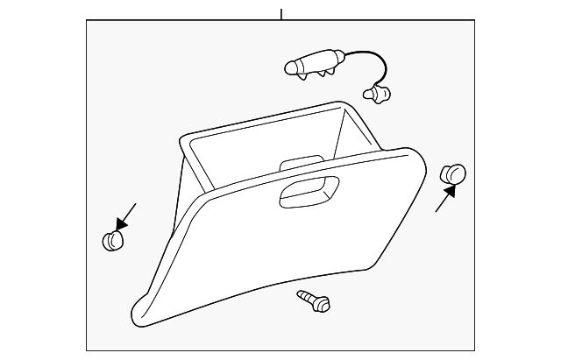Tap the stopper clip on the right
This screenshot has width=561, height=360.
(453, 174)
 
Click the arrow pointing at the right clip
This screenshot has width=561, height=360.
(444, 201)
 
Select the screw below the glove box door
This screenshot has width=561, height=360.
(315, 300)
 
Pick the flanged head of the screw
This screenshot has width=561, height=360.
(323, 304)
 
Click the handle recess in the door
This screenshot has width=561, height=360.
(309, 192)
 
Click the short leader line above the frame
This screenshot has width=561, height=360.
(281, 13)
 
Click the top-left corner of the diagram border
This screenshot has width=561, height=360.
(87, 20)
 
